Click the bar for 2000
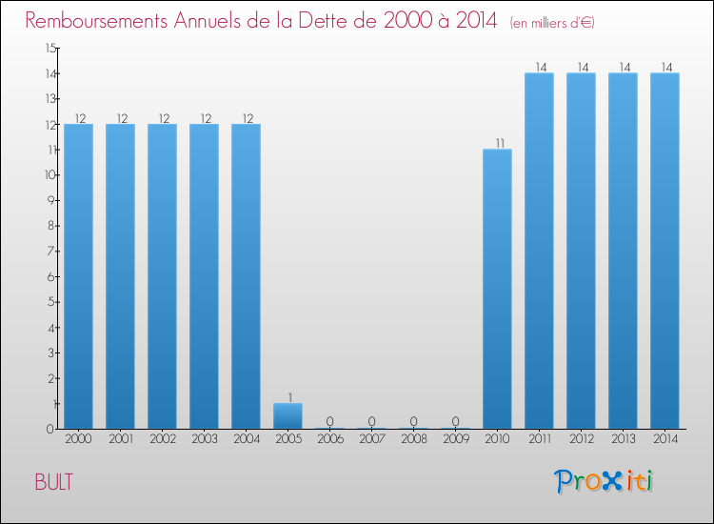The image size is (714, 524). (78, 276)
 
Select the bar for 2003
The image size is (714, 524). (204, 276)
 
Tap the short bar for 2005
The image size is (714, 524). (288, 416)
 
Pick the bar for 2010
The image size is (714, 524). (497, 289)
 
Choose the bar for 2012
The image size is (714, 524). (581, 251)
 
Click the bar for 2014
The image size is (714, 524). (664, 251)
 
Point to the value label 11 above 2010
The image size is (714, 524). (498, 143)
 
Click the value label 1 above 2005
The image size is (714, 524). (288, 397)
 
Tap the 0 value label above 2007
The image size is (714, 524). (372, 421)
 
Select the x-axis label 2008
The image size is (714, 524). (413, 440)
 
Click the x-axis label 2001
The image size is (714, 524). (120, 440)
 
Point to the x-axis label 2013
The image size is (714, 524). (623, 440)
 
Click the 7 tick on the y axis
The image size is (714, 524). (53, 252)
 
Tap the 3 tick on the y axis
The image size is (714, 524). (53, 353)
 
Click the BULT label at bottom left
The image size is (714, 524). (53, 482)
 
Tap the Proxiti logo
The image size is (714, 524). (605, 481)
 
